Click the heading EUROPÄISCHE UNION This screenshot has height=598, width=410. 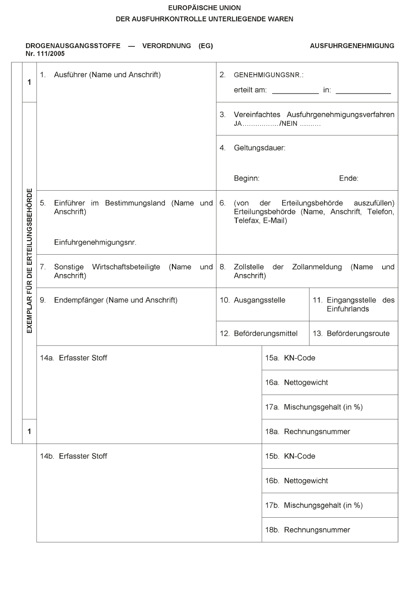(205, 8)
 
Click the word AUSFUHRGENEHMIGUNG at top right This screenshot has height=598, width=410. (352, 46)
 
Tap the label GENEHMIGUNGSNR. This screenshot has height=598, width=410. (268, 75)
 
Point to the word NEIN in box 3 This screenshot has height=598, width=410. (289, 124)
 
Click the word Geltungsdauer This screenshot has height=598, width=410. (259, 148)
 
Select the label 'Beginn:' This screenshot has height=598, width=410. (246, 179)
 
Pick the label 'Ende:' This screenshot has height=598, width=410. (348, 179)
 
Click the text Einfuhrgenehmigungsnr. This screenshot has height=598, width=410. (95, 242)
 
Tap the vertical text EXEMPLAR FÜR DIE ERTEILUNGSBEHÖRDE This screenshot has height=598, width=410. (30, 260)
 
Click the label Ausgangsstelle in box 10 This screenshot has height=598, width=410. (259, 300)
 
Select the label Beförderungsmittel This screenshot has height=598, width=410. (265, 334)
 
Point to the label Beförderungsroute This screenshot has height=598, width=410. (358, 334)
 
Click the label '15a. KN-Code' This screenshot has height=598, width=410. (290, 358)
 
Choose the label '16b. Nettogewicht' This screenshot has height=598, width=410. (296, 481)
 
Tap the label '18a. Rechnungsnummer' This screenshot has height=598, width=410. (307, 432)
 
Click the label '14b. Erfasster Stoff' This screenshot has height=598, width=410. (74, 456)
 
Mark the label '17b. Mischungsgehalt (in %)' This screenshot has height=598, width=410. (313, 505)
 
